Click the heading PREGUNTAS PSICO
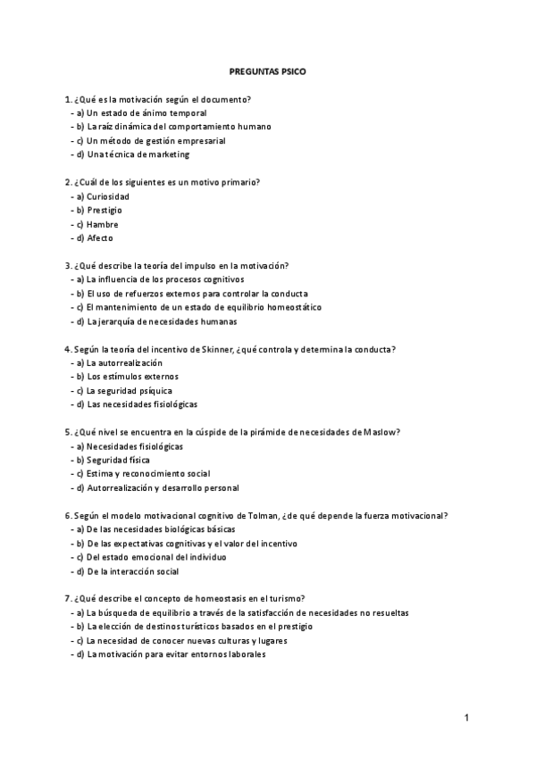pos(267,71)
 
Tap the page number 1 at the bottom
pos(467,717)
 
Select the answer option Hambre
pos(103,224)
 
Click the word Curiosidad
pos(108,196)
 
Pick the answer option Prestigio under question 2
pos(105,210)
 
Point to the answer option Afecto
pos(100,238)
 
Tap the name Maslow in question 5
pos(381,432)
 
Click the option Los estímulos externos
pos(120,377)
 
